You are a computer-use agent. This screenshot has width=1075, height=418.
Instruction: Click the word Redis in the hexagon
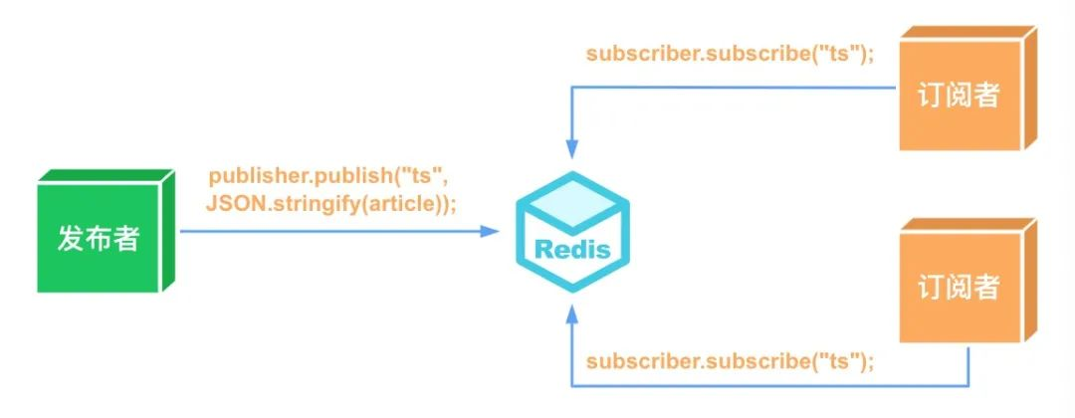pyautogui.click(x=572, y=249)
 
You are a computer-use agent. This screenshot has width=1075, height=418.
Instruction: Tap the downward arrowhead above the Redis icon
pyautogui.click(x=572, y=149)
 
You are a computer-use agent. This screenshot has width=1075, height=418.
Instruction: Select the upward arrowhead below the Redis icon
pyautogui.click(x=572, y=314)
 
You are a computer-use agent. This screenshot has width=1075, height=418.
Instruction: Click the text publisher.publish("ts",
pyautogui.click(x=328, y=177)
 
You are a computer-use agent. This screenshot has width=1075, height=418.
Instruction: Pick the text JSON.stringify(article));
pyautogui.click(x=330, y=203)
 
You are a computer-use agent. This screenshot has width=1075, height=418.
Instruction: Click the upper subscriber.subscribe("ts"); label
pyautogui.click(x=731, y=55)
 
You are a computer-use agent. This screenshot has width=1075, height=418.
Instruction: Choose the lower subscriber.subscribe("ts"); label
pyautogui.click(x=731, y=361)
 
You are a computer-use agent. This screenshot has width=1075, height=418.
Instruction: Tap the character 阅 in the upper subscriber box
pyautogui.click(x=959, y=96)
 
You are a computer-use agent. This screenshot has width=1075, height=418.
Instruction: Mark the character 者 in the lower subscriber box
pyautogui.click(x=985, y=287)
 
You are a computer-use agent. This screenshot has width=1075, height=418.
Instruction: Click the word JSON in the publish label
pyautogui.click(x=231, y=203)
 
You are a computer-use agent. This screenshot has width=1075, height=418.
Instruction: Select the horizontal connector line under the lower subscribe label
pyautogui.click(x=769, y=386)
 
